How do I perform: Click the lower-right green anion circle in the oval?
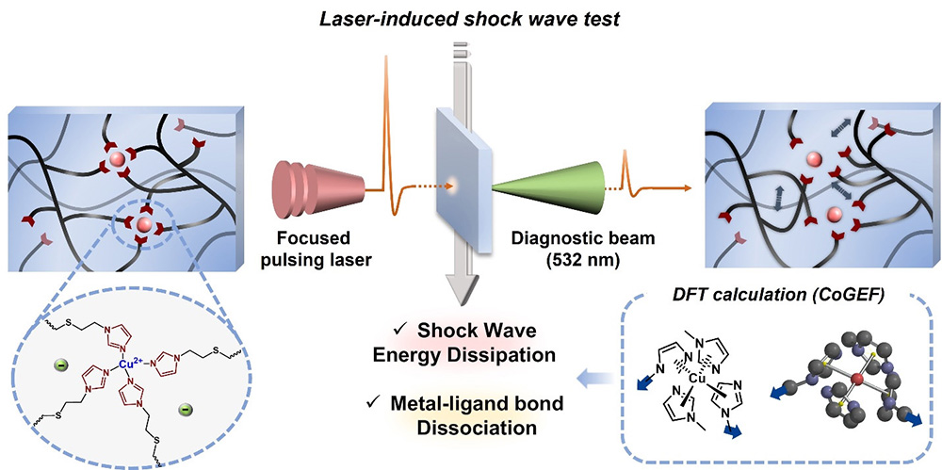pos(187,410)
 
